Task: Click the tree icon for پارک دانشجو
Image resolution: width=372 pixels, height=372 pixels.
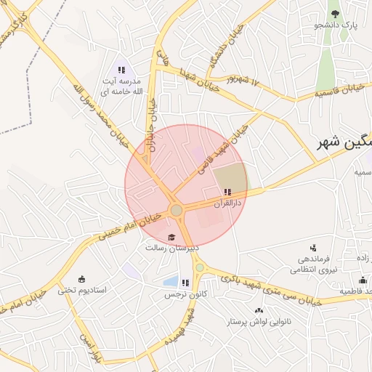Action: click(334, 14)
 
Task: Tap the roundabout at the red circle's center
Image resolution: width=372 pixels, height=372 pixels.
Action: click(177, 210)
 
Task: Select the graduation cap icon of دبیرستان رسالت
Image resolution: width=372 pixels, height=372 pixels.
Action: click(171, 237)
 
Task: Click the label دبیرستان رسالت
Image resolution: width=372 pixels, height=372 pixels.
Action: click(171, 248)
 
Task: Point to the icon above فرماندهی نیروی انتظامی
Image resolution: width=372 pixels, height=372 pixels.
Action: click(313, 247)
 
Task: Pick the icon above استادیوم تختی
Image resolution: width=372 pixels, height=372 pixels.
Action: click(81, 279)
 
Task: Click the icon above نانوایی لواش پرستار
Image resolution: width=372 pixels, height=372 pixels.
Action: click(259, 310)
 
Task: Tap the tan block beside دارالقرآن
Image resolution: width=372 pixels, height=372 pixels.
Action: click(231, 176)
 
